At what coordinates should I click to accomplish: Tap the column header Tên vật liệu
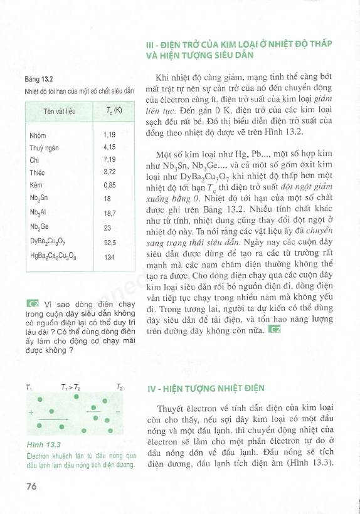pos(60,112)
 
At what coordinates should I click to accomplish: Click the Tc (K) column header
pos(114,111)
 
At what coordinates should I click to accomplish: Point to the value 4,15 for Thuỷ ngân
pos(109,147)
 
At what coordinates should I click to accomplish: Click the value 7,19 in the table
pos(109,159)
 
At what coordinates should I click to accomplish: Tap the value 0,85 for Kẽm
pos(109,186)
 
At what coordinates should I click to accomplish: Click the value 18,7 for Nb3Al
pos(110,213)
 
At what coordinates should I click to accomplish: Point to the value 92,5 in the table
pos(110,241)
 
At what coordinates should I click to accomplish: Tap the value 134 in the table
pos(109,257)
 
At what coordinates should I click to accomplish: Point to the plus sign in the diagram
pos(31,412)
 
